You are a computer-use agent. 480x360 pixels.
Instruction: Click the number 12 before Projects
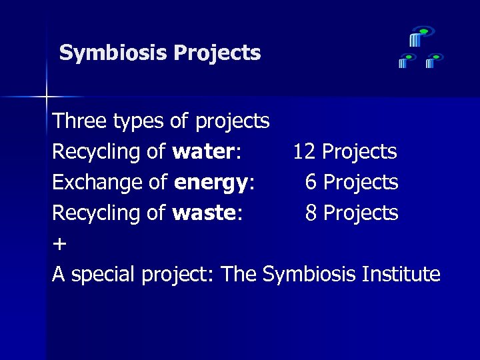click(304, 152)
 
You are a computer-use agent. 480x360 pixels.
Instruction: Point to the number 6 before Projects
click(311, 182)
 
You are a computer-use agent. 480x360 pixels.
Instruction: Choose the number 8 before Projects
click(311, 213)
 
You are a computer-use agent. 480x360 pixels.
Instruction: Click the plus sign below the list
click(59, 244)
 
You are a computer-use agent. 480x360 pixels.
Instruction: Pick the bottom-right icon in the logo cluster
click(433, 61)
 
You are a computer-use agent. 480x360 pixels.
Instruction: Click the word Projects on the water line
click(359, 152)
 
